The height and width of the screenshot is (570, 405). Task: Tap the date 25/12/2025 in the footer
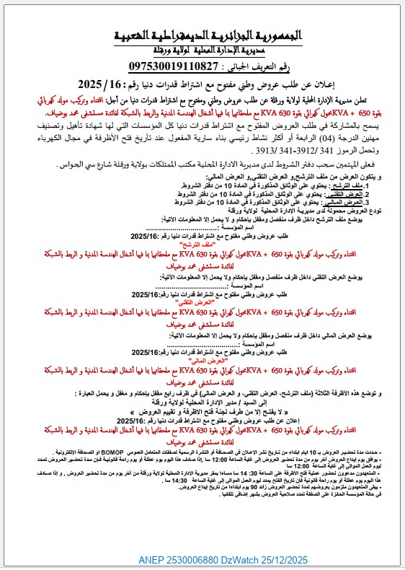pyautogui.click(x=287, y=559)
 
